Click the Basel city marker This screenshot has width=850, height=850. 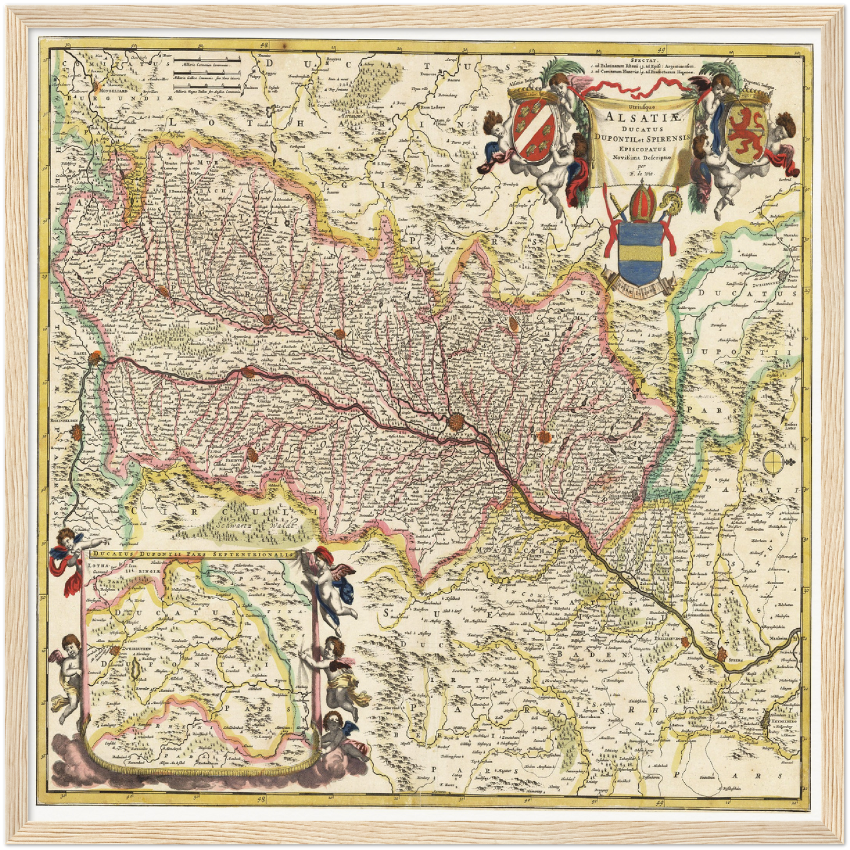(95, 358)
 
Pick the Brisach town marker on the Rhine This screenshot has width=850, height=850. (249, 372)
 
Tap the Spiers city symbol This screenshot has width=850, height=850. (722, 653)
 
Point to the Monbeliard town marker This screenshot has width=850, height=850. (96, 86)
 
